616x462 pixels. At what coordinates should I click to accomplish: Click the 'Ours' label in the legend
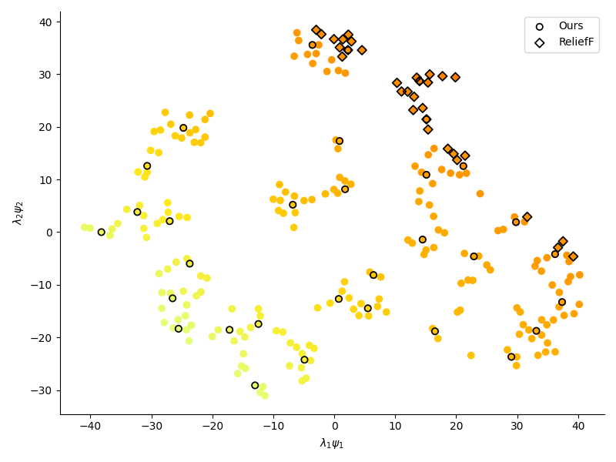pos(571,26)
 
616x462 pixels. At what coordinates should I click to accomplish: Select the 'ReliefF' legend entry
pos(576,42)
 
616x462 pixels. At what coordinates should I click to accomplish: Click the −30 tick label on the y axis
pos(43,390)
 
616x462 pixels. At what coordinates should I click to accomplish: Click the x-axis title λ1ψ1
pos(332,444)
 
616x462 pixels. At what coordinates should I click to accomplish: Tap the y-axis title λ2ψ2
pos(18,213)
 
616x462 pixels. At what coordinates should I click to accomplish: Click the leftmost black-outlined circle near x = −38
pos(101,232)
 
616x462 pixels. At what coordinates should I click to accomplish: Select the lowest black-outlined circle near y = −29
pos(255,385)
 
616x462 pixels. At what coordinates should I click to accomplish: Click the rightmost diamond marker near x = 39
pos(573,256)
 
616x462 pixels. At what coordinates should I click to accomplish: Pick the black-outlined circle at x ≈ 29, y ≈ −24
pos(511,357)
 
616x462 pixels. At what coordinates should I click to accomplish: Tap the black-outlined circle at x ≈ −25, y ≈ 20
pos(183,128)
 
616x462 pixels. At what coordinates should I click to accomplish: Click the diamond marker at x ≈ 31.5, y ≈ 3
pos(527,217)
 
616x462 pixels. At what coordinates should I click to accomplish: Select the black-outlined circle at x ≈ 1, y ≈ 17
pos(340,141)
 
